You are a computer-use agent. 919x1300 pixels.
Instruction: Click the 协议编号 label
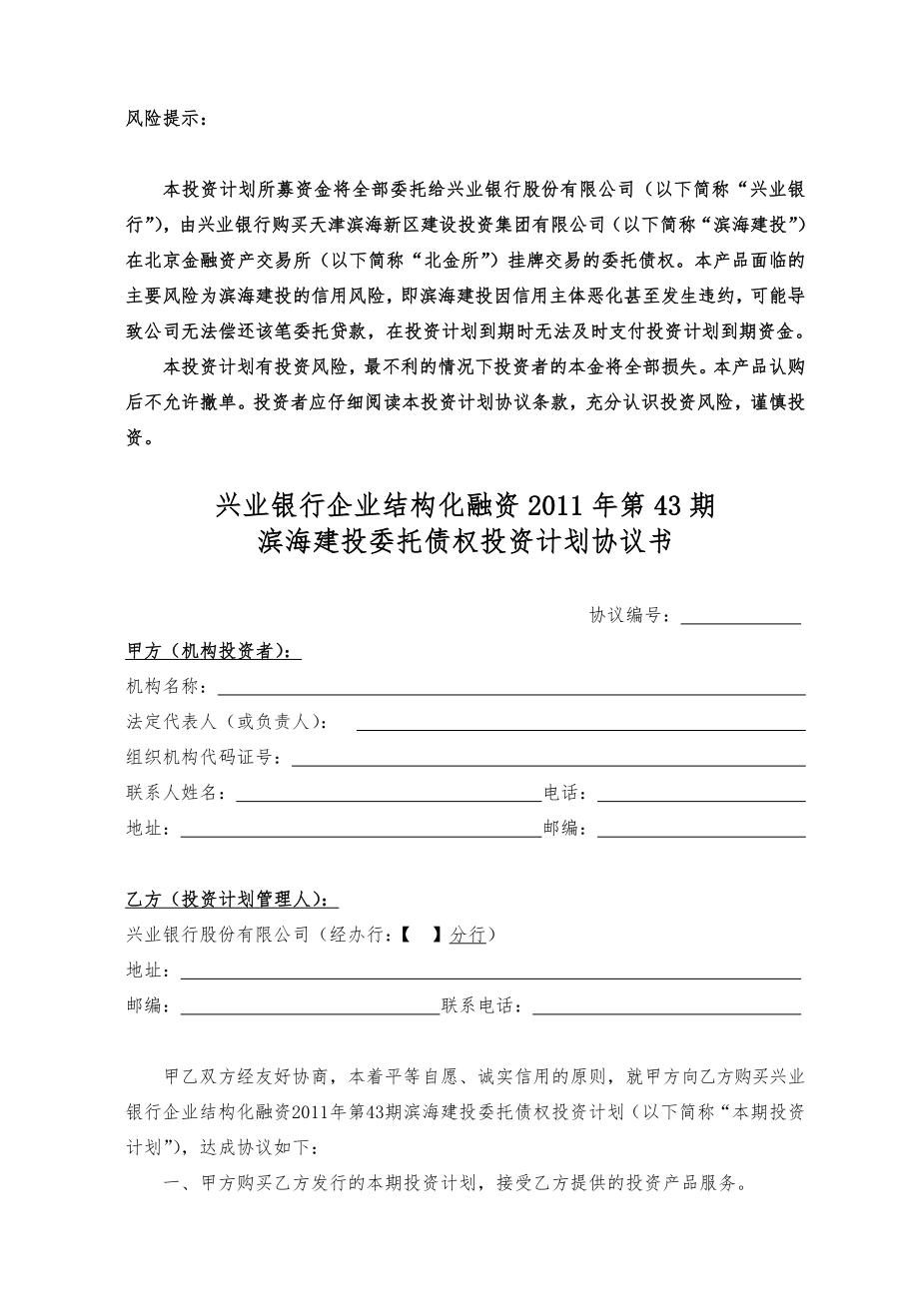coord(630,615)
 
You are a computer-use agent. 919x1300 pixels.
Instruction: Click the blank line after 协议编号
coord(740,617)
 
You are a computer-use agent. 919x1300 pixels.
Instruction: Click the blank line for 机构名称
coord(511,689)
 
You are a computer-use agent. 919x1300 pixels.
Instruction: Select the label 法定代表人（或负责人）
coord(227,722)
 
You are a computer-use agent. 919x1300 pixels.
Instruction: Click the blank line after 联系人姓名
coord(388,796)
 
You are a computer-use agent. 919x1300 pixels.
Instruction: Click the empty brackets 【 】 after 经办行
coord(421,935)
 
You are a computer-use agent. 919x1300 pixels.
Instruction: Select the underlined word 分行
coord(467,935)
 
